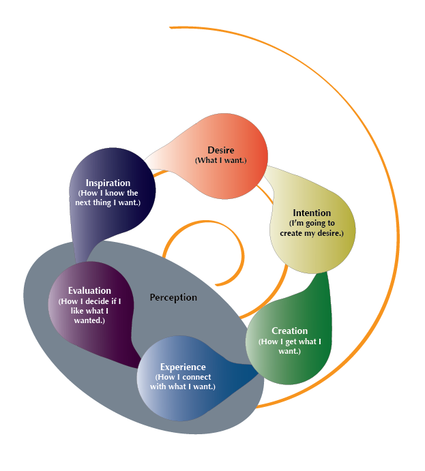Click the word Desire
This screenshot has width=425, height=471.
(x=220, y=150)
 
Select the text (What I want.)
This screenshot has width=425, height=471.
(x=220, y=160)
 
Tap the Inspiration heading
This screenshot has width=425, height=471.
(x=108, y=183)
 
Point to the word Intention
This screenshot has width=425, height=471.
(x=312, y=213)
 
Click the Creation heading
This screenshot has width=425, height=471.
(x=289, y=331)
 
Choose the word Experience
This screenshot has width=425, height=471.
(x=182, y=367)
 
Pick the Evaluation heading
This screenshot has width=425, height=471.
(x=89, y=291)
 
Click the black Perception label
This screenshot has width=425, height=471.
(x=173, y=297)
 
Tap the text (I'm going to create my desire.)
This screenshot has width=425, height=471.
(x=312, y=228)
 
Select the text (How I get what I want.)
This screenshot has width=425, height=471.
(x=289, y=346)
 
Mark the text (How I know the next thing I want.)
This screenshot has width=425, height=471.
(x=109, y=198)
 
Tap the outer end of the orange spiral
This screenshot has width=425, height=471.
(x=171, y=28)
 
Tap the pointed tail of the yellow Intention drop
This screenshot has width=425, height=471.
(x=267, y=167)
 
